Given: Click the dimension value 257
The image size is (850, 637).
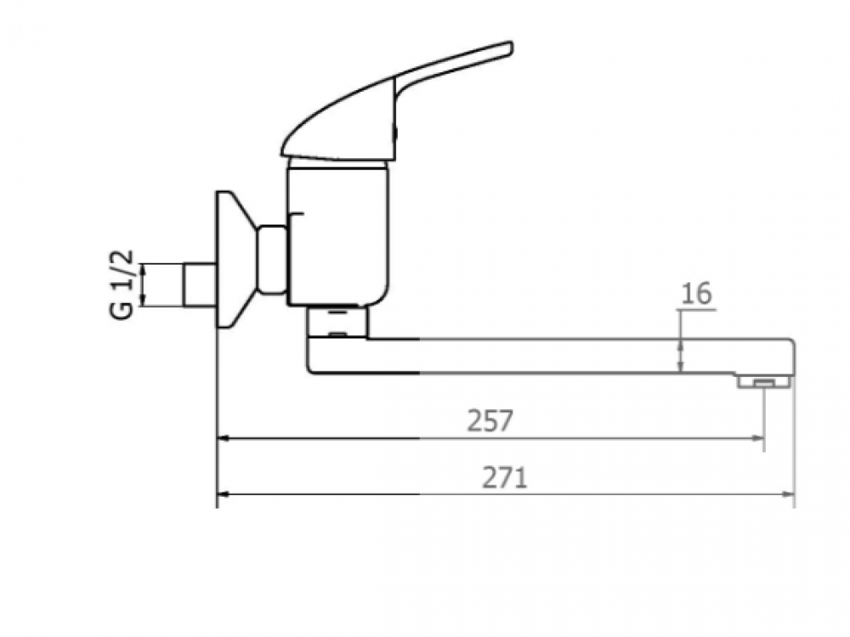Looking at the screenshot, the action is pyautogui.click(x=490, y=420).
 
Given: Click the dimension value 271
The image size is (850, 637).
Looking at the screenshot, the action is pyautogui.click(x=504, y=478).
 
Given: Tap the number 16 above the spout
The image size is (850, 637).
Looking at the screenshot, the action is pyautogui.click(x=696, y=294).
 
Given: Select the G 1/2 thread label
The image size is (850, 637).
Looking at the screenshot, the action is pyautogui.click(x=123, y=284).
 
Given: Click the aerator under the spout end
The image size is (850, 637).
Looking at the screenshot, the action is pyautogui.click(x=763, y=383).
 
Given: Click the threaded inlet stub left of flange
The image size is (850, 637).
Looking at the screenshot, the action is pyautogui.click(x=200, y=285).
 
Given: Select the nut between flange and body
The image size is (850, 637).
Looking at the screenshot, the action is pyautogui.click(x=272, y=259).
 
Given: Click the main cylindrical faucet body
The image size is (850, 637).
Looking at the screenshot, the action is pyautogui.click(x=338, y=236).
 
